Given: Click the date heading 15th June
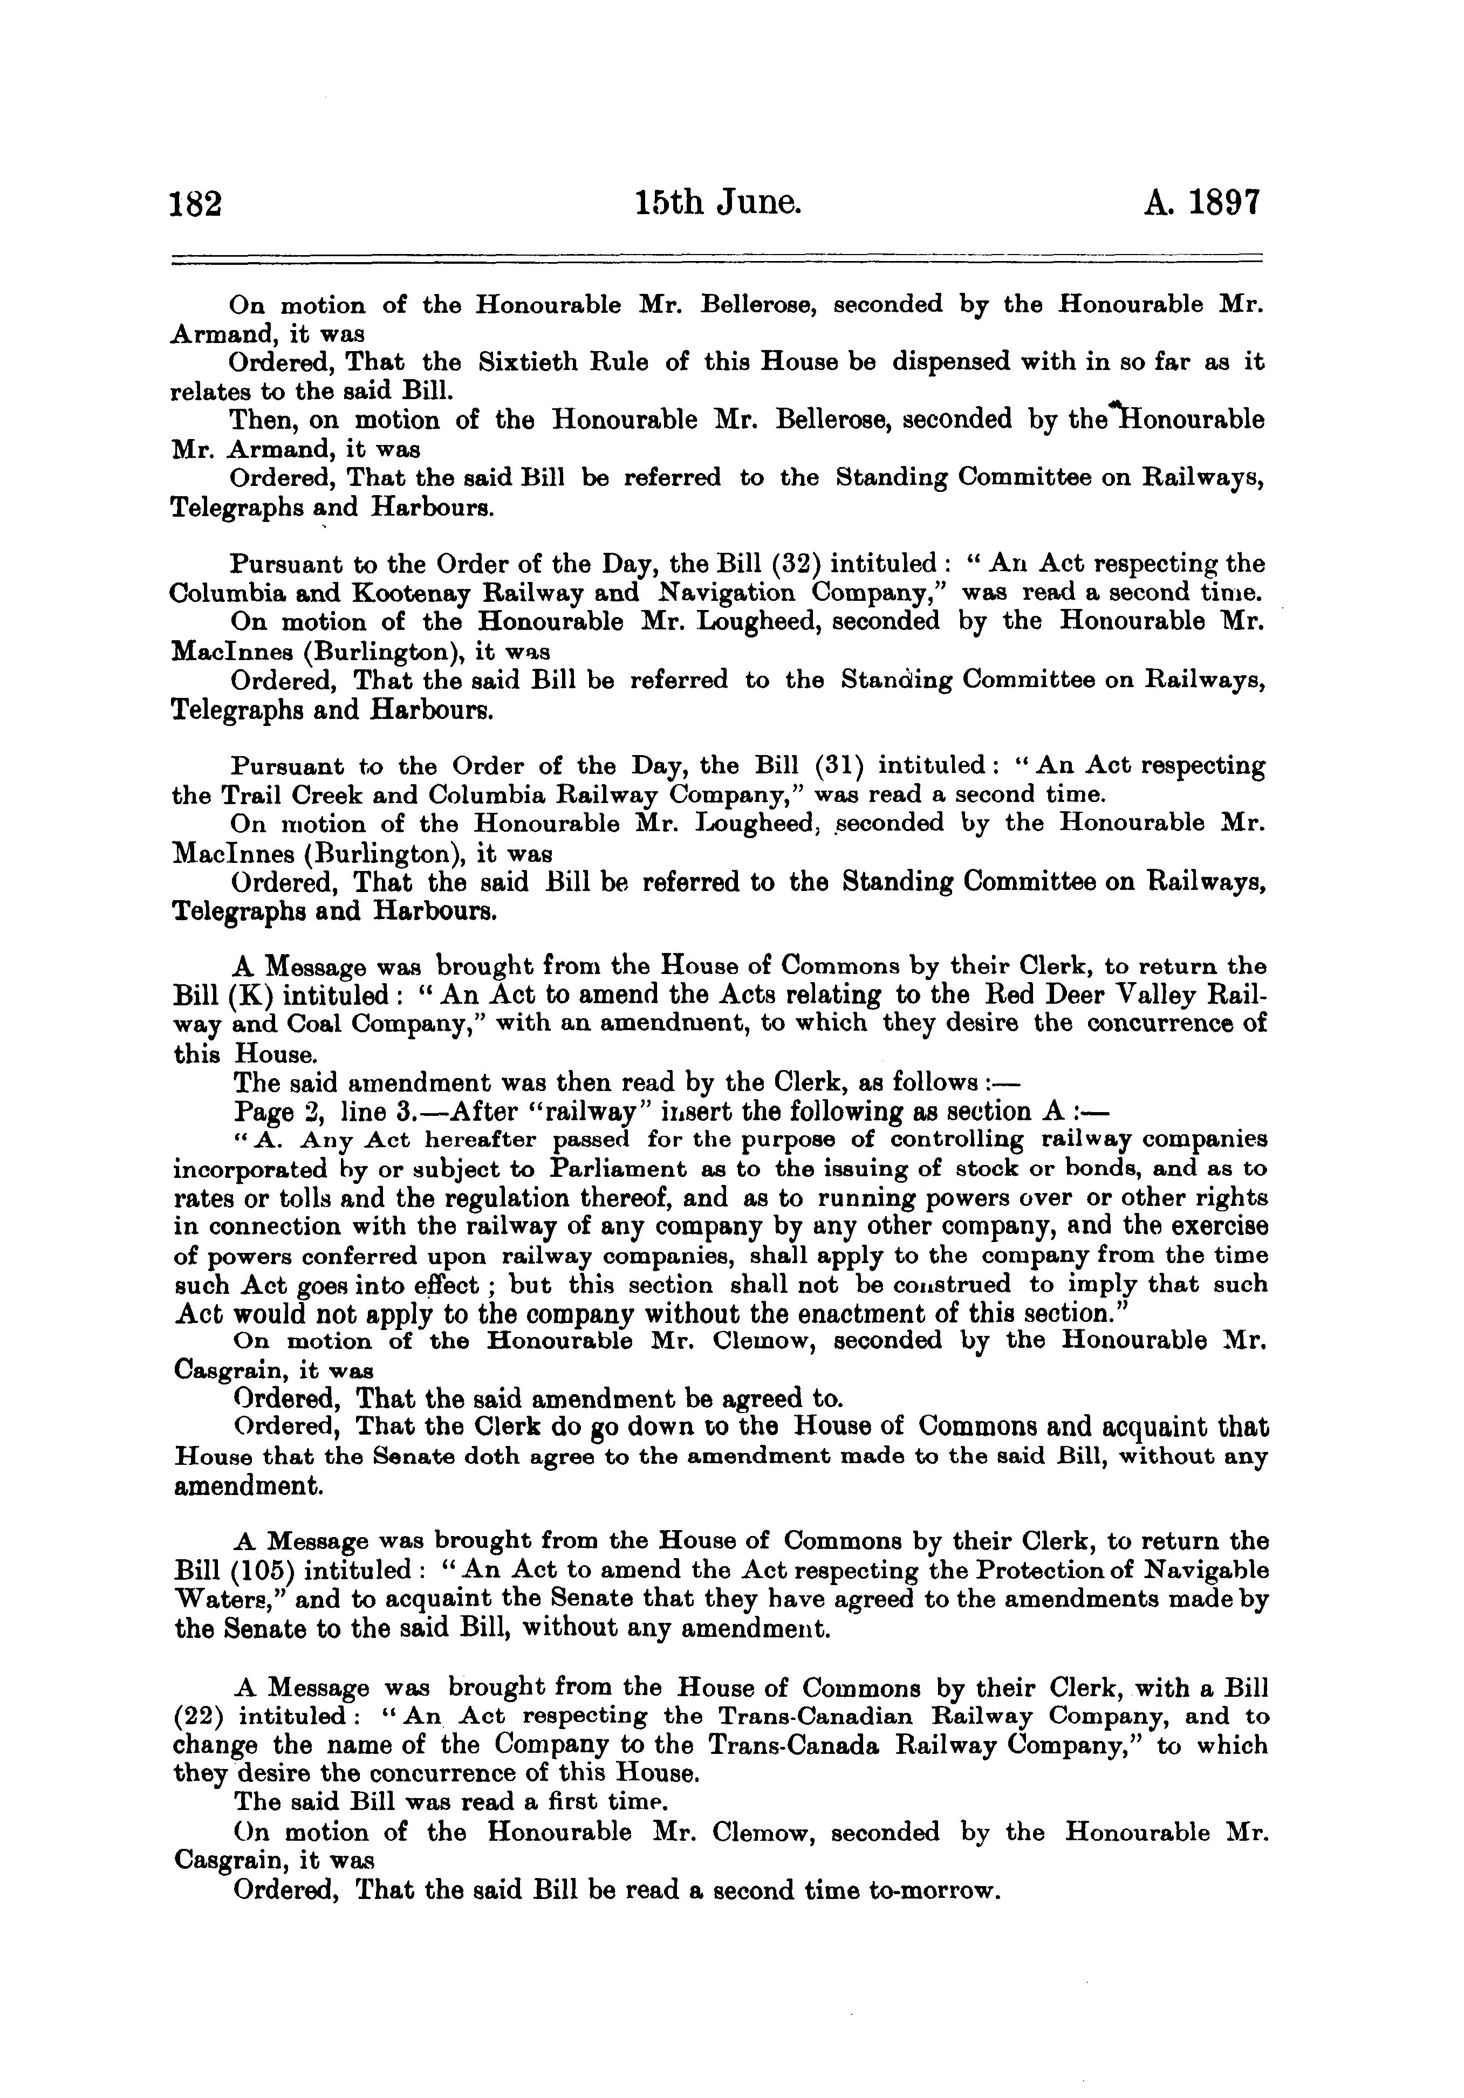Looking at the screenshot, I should (x=719, y=202).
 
